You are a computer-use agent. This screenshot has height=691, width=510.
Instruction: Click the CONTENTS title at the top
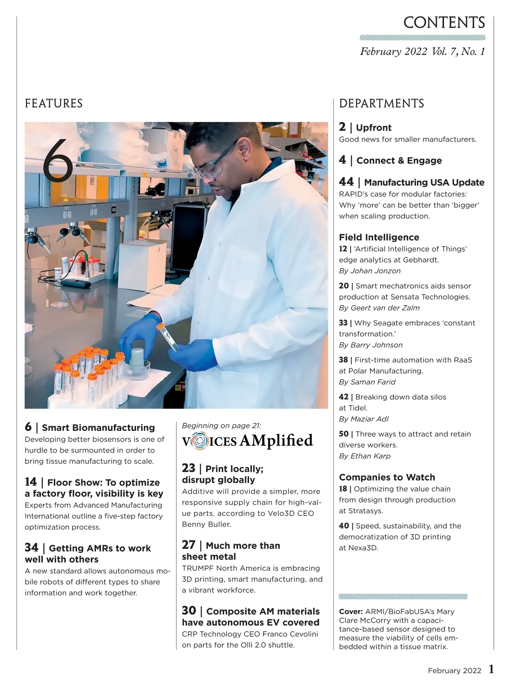click(x=444, y=23)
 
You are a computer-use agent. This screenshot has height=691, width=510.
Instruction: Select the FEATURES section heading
click(x=54, y=103)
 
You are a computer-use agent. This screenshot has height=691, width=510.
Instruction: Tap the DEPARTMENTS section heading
click(x=381, y=103)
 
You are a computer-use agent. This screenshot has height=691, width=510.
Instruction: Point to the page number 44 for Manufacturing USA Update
click(x=346, y=182)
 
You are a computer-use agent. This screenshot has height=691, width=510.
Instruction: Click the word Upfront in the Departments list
click(x=373, y=127)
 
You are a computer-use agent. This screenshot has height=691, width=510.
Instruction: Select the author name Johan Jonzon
click(x=375, y=271)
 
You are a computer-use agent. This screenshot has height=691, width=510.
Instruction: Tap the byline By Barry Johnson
click(x=371, y=345)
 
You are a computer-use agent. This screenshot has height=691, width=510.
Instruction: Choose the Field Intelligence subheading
click(x=379, y=237)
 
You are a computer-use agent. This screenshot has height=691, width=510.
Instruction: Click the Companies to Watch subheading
click(x=387, y=477)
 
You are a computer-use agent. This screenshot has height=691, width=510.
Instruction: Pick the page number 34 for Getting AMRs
click(x=31, y=547)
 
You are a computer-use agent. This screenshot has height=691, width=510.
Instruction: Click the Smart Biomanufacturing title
click(x=98, y=428)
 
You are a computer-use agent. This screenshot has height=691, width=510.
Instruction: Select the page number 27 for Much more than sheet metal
click(x=189, y=545)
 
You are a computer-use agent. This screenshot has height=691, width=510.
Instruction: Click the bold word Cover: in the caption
click(x=351, y=612)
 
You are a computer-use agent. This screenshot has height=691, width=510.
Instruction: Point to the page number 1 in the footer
click(x=491, y=669)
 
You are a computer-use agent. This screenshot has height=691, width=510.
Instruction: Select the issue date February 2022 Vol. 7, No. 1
click(x=422, y=51)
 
